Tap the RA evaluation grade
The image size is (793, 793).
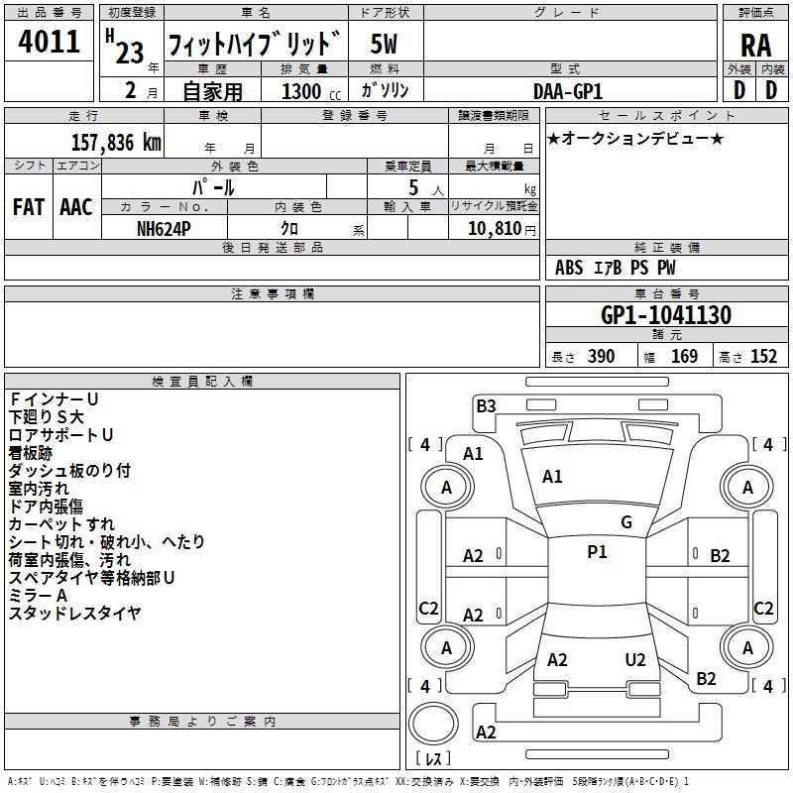tap(754, 46)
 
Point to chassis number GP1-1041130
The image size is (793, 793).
tap(666, 315)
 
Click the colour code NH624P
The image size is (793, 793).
tap(165, 227)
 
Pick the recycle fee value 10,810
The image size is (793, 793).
tap(493, 228)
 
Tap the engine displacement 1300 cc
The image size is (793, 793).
tap(301, 90)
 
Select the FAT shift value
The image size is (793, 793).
tap(28, 206)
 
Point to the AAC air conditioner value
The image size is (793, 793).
tap(76, 206)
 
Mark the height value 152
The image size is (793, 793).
tap(762, 357)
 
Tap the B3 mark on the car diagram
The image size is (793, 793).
tap(486, 405)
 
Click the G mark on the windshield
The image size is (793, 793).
tap(626, 522)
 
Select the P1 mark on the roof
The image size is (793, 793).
tap(597, 552)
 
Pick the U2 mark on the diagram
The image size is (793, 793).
tap(635, 660)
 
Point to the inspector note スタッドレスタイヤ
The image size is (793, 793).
tap(75, 614)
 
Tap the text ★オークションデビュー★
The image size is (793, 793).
tap(635, 138)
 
